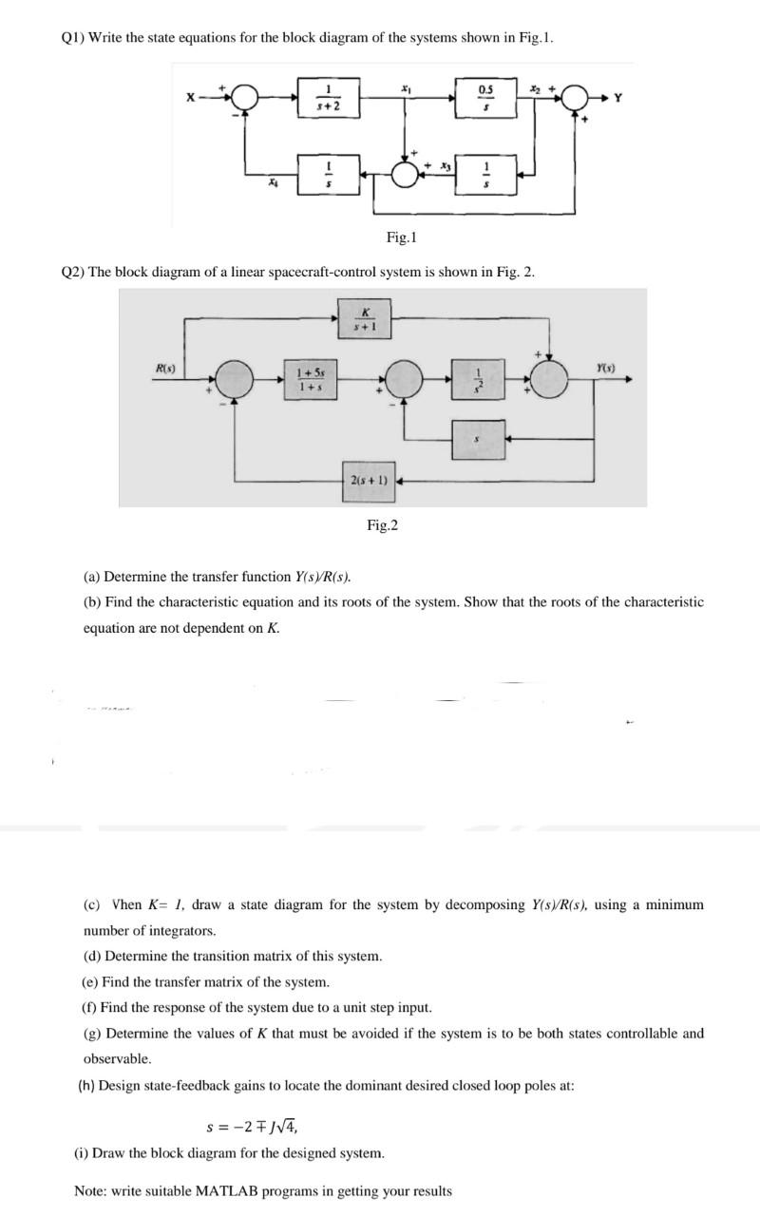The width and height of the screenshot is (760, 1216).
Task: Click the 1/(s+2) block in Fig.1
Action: click(327, 97)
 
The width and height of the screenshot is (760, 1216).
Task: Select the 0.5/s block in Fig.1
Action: click(486, 97)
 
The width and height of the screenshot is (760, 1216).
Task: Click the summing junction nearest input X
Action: click(247, 97)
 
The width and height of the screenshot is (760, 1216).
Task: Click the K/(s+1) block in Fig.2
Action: click(364, 317)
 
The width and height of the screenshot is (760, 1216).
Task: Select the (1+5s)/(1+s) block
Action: click(307, 377)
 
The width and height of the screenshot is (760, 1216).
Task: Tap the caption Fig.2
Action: click(382, 524)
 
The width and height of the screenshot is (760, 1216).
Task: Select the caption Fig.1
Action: click(402, 237)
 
